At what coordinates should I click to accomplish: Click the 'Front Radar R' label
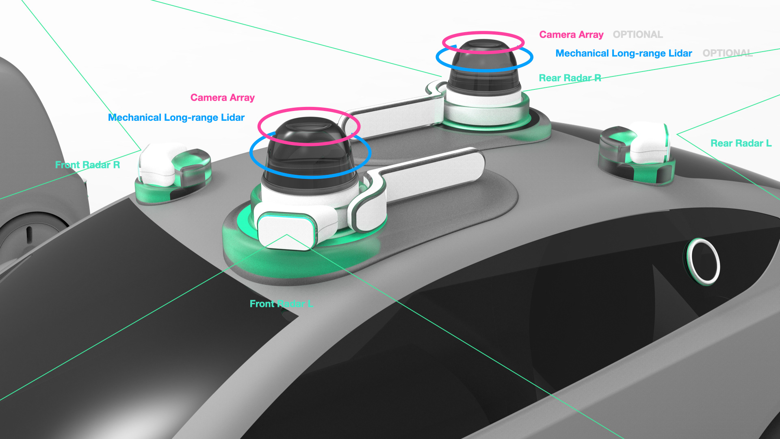click(87, 165)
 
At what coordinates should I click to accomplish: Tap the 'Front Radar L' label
click(281, 304)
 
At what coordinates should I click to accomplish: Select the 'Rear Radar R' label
click(570, 78)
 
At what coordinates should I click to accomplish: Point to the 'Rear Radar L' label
click(741, 143)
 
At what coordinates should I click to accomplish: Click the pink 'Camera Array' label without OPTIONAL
click(222, 98)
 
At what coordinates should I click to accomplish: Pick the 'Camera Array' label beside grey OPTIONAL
click(571, 35)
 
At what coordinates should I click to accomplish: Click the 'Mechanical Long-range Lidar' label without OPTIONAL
click(176, 117)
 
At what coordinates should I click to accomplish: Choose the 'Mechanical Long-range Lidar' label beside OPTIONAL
click(623, 53)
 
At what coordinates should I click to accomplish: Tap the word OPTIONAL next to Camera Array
click(637, 35)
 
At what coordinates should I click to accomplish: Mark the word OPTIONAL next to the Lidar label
click(727, 53)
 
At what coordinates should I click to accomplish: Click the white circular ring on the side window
click(703, 261)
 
